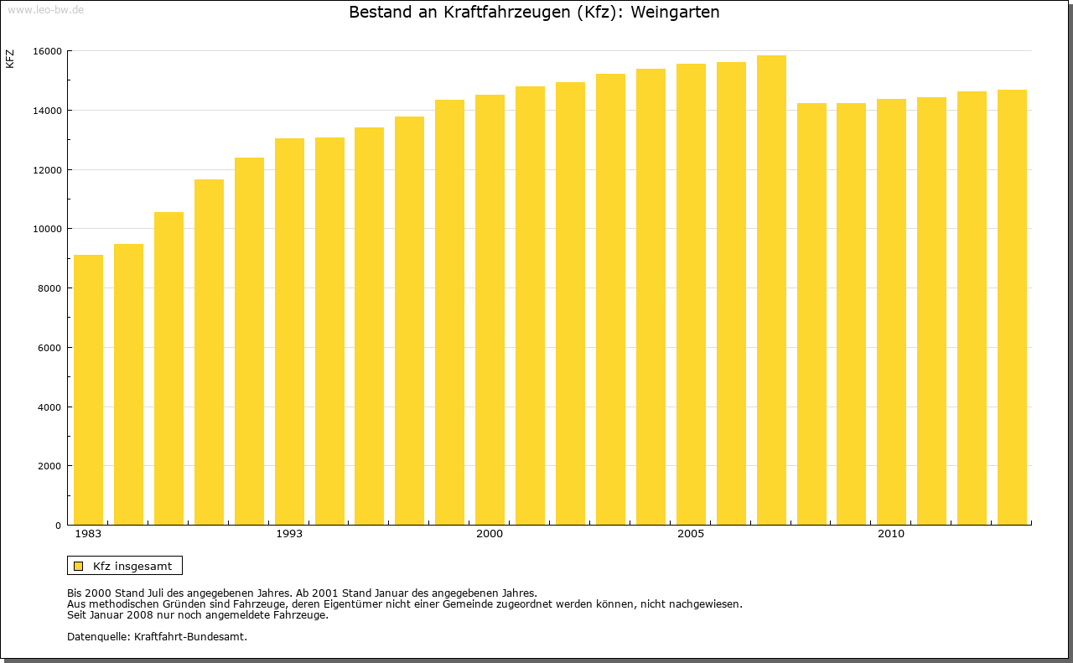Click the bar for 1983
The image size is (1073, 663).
[x=88, y=390]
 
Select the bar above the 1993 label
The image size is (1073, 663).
[x=289, y=331]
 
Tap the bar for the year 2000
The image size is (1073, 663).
[x=490, y=310]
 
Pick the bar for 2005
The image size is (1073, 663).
[x=691, y=294]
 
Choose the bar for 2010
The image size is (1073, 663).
[x=891, y=312]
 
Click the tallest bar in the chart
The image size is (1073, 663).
[x=771, y=290]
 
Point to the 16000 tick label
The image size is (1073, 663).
[x=47, y=51]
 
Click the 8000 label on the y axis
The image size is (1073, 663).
[x=49, y=288]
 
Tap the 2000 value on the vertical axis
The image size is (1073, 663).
[x=49, y=466]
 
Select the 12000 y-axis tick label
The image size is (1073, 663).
[x=47, y=170]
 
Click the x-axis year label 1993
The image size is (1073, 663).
[x=289, y=534]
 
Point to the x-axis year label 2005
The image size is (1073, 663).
[x=691, y=534]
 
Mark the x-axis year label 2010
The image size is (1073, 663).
[x=891, y=534]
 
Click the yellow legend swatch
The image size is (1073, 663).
[x=78, y=566]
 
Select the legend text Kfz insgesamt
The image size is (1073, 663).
[x=132, y=566]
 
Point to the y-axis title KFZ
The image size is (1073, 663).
[x=10, y=59]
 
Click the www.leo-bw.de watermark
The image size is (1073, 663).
[x=45, y=8]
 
